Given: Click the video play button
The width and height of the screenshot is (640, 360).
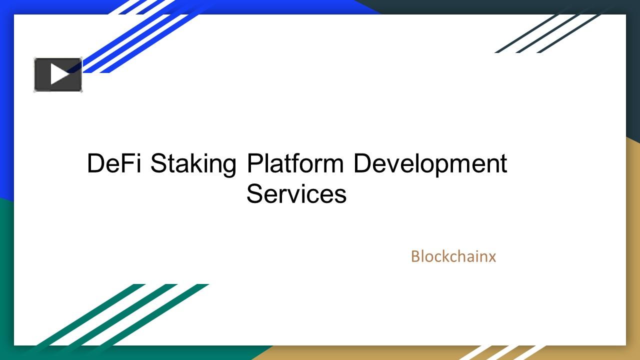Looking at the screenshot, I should (x=57, y=75).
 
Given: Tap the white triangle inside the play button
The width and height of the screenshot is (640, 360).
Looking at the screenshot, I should (x=59, y=75).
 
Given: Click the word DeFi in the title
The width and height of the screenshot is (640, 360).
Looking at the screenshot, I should (x=114, y=163).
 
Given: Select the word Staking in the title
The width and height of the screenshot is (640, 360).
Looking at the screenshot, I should (x=193, y=164).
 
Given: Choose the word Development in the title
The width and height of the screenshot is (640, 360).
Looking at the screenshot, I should (x=430, y=164).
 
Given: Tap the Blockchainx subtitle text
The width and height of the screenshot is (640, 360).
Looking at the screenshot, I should (x=453, y=256).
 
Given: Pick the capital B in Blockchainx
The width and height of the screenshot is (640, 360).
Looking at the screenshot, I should (x=415, y=256).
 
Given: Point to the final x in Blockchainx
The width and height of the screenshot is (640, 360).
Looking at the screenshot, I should (x=492, y=257).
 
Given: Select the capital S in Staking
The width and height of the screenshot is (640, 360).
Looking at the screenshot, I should (x=158, y=163).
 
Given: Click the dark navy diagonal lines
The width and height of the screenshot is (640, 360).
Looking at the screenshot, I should (x=550, y=33).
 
